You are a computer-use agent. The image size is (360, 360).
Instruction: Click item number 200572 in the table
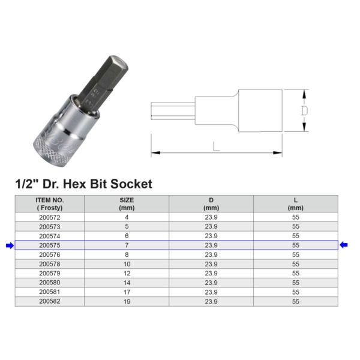tap(50, 217)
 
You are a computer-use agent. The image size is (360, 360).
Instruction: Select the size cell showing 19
tap(127, 301)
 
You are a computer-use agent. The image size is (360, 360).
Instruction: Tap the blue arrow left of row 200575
tap(10, 245)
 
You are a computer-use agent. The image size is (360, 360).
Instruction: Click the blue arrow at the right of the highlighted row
tap(343, 245)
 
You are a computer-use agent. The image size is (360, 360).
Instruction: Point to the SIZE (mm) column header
tap(127, 204)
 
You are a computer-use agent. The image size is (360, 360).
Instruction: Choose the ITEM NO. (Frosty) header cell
tap(50, 204)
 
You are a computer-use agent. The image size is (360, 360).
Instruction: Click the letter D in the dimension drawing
tap(304, 110)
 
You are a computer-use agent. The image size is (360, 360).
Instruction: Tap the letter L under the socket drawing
tap(216, 146)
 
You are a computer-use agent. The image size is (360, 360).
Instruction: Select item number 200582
tap(50, 301)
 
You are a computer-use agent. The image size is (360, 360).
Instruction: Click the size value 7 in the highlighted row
tap(127, 245)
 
